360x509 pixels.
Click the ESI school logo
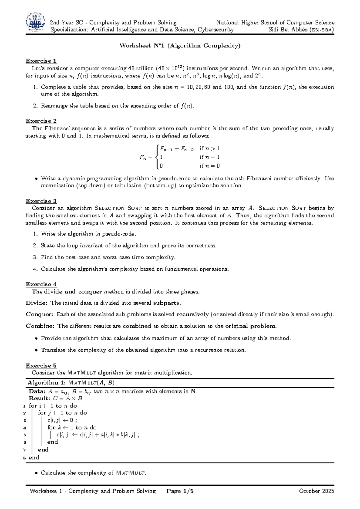pos(36,22)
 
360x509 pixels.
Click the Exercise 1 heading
pos(41,61)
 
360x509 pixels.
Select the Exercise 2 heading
pos(41,121)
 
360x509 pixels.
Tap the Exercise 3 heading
pos(41,201)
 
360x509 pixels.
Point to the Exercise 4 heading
pos(41,284)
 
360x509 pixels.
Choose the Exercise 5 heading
pos(41,365)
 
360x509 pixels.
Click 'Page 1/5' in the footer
pos(180,491)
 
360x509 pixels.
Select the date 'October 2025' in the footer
pos(316,491)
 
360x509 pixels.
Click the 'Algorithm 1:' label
pos(47,383)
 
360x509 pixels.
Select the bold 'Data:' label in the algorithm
pos(37,391)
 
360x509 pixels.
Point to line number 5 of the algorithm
pos(25,435)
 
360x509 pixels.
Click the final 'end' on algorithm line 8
pos(34,457)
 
